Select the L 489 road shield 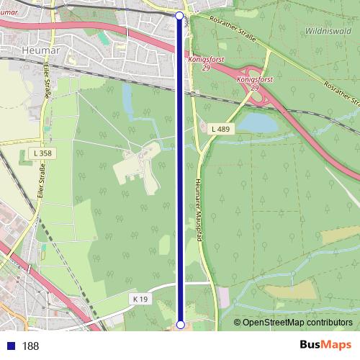coord(220,128)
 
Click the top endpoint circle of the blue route coord(180,14)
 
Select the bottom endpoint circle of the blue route coord(180,324)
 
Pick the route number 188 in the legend coord(30,346)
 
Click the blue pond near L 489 coord(258,124)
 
